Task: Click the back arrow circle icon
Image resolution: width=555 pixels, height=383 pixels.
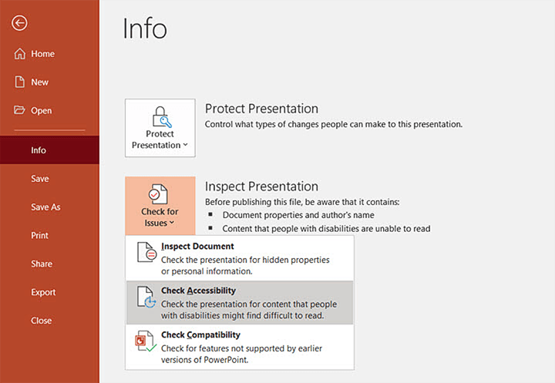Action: pos(19,23)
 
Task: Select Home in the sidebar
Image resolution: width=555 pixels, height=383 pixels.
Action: pos(42,54)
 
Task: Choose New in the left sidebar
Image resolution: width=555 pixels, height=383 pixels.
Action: pos(39,82)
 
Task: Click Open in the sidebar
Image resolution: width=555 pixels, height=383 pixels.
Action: pos(41,111)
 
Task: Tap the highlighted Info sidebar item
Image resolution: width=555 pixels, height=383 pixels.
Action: pos(39,150)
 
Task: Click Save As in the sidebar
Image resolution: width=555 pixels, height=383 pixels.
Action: pos(45,207)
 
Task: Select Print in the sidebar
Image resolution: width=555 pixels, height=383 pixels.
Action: pos(39,236)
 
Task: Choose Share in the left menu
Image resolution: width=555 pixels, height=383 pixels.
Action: pos(42,264)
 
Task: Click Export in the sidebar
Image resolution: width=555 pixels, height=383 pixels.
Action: pos(43,293)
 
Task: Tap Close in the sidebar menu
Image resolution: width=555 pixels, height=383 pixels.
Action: pos(42,321)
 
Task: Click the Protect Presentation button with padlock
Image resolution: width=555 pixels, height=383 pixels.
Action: pos(160,128)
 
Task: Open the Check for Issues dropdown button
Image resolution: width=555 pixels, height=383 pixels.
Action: pos(160,206)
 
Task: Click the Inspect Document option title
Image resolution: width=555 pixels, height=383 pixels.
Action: pos(197,247)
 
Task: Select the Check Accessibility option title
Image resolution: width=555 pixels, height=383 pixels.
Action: pos(198,291)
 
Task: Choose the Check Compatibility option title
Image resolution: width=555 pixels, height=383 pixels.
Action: pos(200,335)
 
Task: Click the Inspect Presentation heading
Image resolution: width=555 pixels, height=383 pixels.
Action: pos(261,186)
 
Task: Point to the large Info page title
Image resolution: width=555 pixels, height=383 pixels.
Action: pos(145,29)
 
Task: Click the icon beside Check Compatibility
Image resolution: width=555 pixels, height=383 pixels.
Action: pos(146,341)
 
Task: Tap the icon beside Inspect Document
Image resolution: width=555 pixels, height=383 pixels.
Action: pos(146,253)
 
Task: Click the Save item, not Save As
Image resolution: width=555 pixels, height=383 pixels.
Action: pos(39,179)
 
